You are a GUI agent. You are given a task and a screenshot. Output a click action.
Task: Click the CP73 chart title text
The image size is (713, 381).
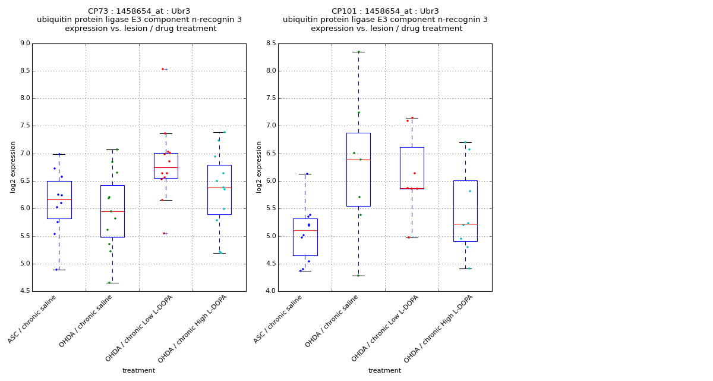click(139, 20)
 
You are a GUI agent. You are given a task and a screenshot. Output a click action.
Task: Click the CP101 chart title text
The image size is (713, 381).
click(385, 20)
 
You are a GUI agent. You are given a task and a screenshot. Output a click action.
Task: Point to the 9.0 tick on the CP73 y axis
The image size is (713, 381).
click(24, 43)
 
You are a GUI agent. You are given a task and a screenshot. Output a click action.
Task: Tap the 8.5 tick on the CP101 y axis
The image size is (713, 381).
click(270, 43)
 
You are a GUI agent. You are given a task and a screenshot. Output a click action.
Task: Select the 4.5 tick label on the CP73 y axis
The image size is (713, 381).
click(24, 291)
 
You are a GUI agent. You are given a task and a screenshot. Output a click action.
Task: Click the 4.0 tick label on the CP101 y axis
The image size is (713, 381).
click(270, 291)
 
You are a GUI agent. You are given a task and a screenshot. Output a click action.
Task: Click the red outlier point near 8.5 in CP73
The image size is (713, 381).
click(163, 69)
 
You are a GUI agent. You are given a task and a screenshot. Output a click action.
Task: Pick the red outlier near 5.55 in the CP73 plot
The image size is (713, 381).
click(163, 233)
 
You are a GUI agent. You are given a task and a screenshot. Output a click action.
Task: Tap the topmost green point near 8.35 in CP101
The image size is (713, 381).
click(358, 52)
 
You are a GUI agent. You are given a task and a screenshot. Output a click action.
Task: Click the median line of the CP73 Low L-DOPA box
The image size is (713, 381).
click(166, 168)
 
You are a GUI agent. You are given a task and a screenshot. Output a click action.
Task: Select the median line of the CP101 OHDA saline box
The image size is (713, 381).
click(358, 160)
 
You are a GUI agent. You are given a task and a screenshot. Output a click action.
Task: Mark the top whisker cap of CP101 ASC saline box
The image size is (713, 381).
click(305, 174)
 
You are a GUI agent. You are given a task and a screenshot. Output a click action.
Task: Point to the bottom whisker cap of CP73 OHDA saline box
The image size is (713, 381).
click(112, 283)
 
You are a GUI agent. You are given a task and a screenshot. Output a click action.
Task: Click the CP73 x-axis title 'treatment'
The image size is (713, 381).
click(138, 371)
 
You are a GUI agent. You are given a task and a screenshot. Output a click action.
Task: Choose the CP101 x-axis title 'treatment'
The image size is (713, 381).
click(384, 371)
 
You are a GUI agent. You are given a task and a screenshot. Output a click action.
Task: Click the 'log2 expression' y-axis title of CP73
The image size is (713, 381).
click(13, 167)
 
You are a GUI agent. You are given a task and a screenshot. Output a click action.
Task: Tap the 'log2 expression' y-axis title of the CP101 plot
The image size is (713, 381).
click(259, 167)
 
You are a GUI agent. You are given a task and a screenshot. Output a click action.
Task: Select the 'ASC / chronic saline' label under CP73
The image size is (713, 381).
click(33, 318)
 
